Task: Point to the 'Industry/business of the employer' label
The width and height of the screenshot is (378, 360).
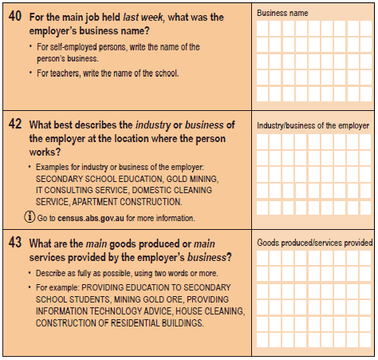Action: tap(313, 125)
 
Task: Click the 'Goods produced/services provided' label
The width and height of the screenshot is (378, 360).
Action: tap(314, 242)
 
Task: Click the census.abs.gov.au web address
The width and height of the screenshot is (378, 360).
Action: tap(94, 218)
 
